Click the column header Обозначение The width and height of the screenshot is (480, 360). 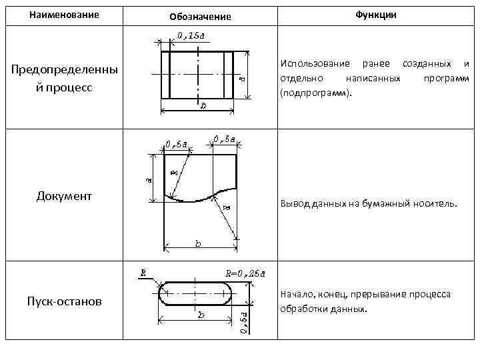[200, 17]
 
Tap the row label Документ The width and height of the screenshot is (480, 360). [64, 195]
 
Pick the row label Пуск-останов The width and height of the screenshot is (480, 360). [65, 301]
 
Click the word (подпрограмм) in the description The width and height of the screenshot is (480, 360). [313, 93]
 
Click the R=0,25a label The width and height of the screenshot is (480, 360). [245, 273]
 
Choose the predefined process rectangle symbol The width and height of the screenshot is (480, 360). [197, 74]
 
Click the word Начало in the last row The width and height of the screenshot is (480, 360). [298, 294]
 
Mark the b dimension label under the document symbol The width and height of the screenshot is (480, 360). [198, 245]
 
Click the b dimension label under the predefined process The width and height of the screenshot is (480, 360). [202, 105]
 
